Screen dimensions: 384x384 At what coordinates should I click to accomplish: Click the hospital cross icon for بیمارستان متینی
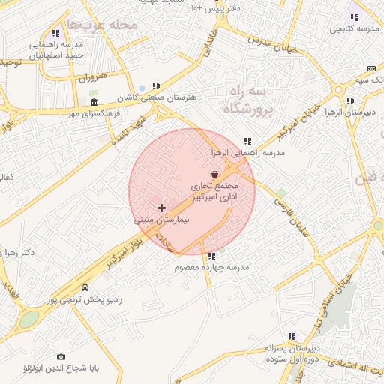coord(161,207)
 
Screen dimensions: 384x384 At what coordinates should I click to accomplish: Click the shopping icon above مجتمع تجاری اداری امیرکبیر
coord(215,174)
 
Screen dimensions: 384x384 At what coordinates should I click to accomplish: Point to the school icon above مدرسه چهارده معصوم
coord(211,256)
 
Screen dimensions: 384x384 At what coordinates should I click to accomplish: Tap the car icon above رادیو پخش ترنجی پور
coord(85,288)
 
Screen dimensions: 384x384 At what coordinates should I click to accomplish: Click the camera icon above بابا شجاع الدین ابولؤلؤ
coord(61,357)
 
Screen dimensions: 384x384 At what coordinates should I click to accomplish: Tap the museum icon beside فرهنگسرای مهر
coord(94,102)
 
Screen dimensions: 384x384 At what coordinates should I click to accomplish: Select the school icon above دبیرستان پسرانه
coord(291,337)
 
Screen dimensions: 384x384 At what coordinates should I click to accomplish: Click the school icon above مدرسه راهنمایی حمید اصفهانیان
coord(55,34)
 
